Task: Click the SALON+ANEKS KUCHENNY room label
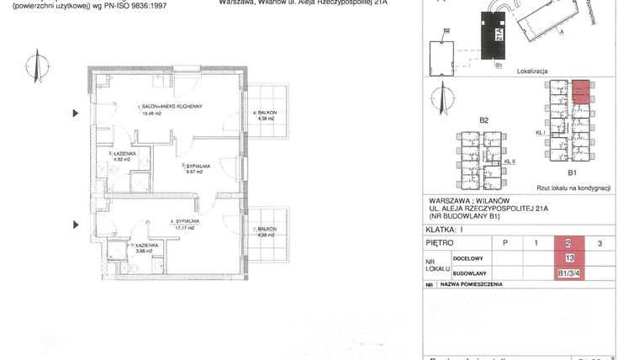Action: pyautogui.click(x=172, y=106)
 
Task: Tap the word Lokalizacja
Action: pyautogui.click(x=532, y=72)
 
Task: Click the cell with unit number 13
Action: pyautogui.click(x=570, y=257)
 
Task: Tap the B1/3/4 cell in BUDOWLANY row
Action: pyautogui.click(x=570, y=273)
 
